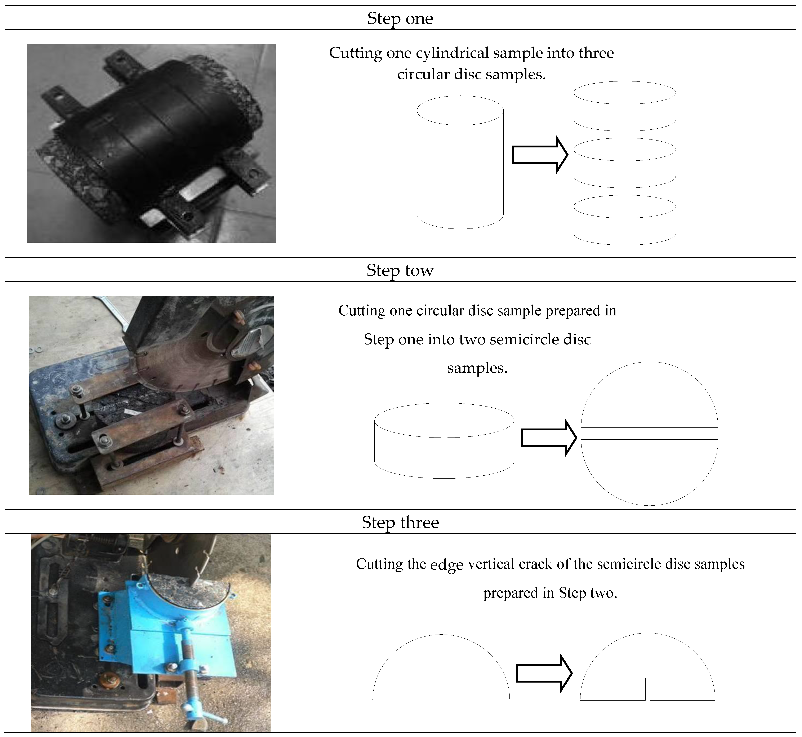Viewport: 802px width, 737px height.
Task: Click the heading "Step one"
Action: click(400, 18)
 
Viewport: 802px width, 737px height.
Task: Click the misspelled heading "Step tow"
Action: click(400, 270)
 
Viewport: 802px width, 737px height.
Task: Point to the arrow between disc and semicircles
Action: click(549, 438)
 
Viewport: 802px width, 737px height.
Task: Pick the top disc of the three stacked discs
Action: click(624, 106)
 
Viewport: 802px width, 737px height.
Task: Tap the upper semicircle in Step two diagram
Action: click(649, 395)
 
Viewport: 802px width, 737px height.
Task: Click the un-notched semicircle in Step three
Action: click(441, 667)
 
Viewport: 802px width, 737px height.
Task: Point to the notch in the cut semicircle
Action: click(648, 689)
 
